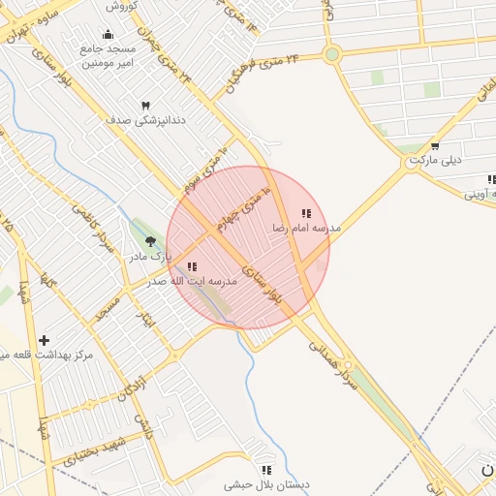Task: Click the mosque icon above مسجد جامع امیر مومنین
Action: tap(108, 35)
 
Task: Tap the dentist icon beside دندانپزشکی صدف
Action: tap(146, 105)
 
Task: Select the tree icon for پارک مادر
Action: tap(149, 240)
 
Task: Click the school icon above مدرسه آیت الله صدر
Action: tap(192, 266)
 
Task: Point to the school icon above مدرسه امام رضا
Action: tap(306, 213)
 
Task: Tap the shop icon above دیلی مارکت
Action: tap(434, 146)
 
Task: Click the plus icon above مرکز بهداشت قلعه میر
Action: tap(44, 340)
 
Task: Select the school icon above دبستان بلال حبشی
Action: tap(266, 470)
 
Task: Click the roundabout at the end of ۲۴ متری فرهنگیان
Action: tap(332, 54)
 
